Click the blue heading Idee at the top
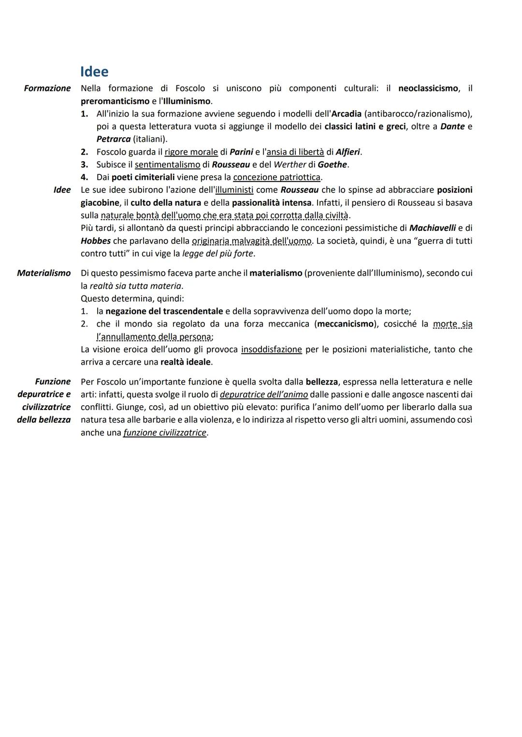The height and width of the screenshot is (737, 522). [x=94, y=71]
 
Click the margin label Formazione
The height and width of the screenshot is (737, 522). [x=47, y=88]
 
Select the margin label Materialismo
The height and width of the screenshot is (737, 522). [x=44, y=273]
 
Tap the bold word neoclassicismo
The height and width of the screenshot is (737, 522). [x=428, y=88]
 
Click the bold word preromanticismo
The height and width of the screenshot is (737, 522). [x=115, y=101]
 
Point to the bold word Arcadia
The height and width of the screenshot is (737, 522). [x=346, y=114]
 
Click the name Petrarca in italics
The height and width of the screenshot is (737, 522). [x=114, y=140]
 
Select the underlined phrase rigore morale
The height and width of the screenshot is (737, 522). [x=191, y=152]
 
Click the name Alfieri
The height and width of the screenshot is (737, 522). [x=348, y=152]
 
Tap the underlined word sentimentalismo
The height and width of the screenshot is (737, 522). [x=167, y=165]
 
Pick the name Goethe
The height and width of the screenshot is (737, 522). [x=332, y=165]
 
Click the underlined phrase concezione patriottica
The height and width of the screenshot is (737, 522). [x=276, y=177]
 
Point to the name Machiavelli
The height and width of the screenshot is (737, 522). [x=432, y=228]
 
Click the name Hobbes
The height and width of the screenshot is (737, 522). [x=96, y=241]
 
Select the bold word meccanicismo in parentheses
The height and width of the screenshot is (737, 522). [x=345, y=324]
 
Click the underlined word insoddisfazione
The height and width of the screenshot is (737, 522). [x=272, y=349]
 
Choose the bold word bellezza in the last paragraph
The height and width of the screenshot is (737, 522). [x=321, y=382]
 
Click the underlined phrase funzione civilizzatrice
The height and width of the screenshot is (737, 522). [x=165, y=433]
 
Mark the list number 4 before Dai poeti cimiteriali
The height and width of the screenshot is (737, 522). [x=84, y=177]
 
